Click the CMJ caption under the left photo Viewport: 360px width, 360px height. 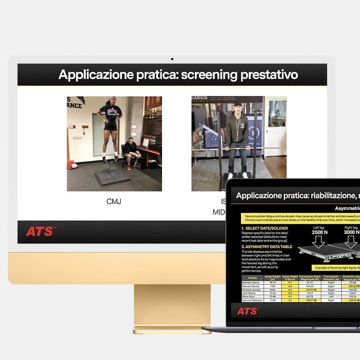click(x=114, y=202)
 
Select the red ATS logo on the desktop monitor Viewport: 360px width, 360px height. click(x=40, y=231)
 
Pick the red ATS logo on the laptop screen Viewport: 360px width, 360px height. click(x=247, y=311)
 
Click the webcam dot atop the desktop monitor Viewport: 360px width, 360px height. click(x=172, y=59)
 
